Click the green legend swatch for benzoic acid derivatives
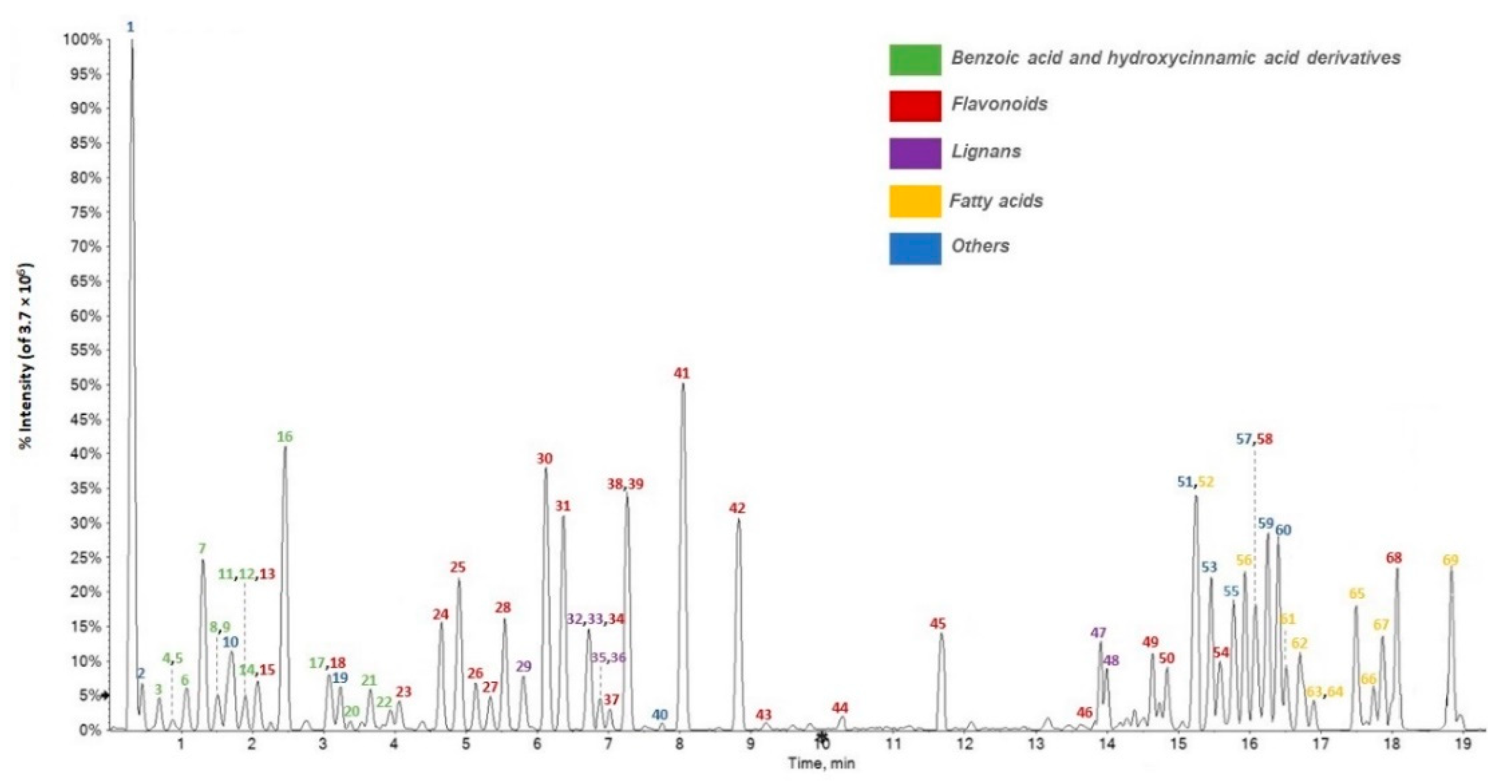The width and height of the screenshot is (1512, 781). pos(915,60)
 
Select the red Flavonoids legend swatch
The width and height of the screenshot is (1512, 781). pos(915,106)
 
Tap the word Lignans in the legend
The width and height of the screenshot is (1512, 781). pos(986,152)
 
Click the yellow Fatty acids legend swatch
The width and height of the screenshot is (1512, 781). pos(915,201)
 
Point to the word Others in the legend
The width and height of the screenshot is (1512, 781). pos(980,246)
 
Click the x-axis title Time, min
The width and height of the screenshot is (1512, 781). pos(821,763)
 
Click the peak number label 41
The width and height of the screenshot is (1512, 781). pos(681,373)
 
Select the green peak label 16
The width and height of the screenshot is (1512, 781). pos(285,437)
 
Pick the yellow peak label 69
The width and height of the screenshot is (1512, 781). pos(1450,560)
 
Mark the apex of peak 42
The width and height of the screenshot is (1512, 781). pos(739,520)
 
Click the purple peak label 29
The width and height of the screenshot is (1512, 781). pos(524,666)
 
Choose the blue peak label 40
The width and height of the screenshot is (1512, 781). pos(660,715)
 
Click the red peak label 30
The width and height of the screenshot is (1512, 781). pos(545,459)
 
